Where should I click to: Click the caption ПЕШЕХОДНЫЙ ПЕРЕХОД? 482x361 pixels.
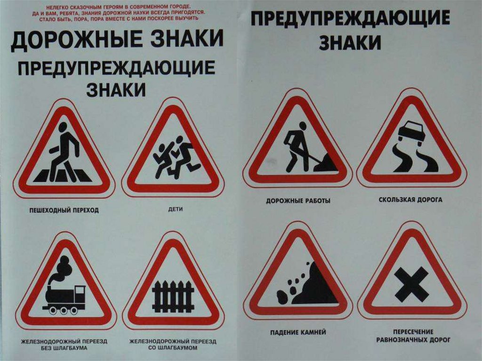[64, 210]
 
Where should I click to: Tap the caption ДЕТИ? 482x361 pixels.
[176, 209]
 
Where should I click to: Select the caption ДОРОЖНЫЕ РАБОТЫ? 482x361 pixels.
[298, 201]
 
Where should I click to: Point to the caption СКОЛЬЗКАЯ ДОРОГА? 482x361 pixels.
[410, 200]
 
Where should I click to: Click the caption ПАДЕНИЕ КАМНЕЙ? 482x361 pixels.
[298, 332]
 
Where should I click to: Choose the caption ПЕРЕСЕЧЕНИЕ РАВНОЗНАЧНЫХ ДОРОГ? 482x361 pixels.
[413, 336]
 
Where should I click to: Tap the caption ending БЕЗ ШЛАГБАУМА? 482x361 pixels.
[64, 345]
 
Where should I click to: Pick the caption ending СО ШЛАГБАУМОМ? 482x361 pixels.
[173, 345]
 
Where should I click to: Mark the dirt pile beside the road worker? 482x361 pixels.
[325, 163]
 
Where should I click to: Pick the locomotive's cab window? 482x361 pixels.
[81, 289]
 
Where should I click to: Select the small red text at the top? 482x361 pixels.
[118, 12]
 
